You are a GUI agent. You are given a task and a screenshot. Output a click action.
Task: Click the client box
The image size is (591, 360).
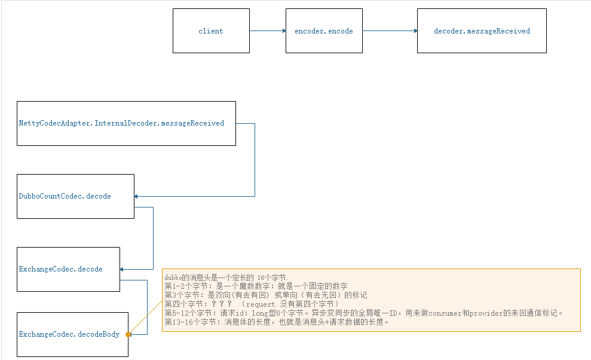point(211,31)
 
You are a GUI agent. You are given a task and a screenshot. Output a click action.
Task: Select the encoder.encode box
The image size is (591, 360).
point(324,31)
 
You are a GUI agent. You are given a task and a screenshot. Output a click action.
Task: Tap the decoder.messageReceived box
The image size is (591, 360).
point(482,31)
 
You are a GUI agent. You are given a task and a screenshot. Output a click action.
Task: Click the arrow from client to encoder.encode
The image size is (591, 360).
point(267,30)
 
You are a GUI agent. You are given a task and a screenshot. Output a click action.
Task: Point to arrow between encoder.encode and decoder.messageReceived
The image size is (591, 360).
point(390,30)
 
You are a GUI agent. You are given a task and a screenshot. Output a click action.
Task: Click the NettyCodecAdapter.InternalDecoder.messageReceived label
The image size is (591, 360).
point(121,123)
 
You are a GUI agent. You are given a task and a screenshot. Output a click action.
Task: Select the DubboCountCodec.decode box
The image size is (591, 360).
point(75,196)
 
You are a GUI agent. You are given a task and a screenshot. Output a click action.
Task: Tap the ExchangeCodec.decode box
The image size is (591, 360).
point(68,269)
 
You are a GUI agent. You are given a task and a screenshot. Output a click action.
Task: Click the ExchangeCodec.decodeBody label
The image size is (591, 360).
point(69,334)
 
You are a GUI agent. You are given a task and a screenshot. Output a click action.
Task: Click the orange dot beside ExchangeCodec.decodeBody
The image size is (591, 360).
point(128,335)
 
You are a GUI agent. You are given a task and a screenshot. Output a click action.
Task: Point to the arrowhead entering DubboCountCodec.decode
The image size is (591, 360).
point(137,196)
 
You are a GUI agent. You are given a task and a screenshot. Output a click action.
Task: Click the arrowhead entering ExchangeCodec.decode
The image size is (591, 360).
point(123,269)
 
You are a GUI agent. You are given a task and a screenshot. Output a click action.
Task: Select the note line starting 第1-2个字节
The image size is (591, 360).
point(256,286)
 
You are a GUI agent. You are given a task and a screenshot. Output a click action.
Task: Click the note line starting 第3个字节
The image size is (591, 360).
point(266,295)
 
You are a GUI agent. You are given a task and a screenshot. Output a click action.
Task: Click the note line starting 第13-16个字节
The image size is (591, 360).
point(277,322)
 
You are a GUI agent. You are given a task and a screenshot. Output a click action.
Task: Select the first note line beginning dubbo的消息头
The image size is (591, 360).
point(226,278)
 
